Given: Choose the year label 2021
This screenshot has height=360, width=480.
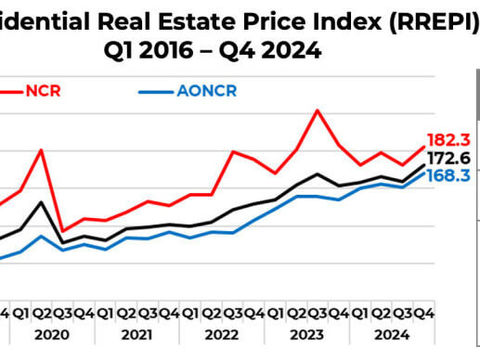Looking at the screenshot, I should (136, 333).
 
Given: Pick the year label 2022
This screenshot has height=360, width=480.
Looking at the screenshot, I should (222, 333).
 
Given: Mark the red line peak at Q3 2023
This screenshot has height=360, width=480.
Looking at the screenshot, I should (318, 110).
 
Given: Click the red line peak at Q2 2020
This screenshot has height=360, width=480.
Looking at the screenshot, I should (41, 149).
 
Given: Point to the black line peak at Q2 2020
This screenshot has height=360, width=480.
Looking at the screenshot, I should (41, 201).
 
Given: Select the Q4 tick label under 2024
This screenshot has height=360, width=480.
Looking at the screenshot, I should (425, 313).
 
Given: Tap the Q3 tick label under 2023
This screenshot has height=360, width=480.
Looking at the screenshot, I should (318, 313).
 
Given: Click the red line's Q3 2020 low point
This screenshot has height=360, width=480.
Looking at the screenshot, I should (62, 231).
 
